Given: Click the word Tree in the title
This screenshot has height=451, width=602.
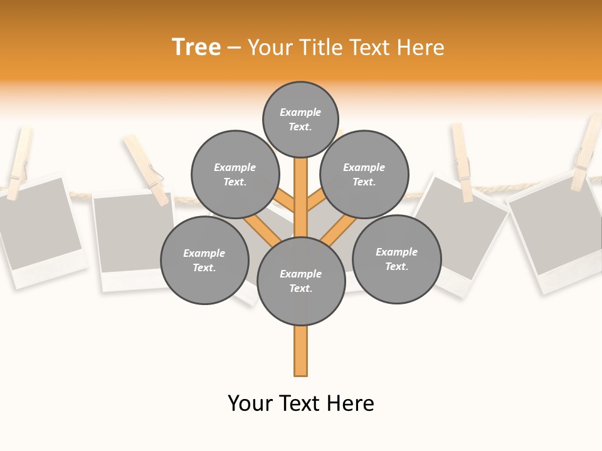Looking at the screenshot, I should pyautogui.click(x=196, y=47).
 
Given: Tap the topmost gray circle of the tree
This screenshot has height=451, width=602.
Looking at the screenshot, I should pyautogui.click(x=300, y=119).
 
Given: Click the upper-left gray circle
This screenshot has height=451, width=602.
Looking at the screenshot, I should pyautogui.click(x=235, y=174).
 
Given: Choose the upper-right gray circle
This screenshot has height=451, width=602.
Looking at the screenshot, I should pyautogui.click(x=364, y=174).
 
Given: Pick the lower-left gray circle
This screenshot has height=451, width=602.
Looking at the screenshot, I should pyautogui.click(x=204, y=260).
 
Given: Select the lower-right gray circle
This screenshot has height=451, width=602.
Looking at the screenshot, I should pyautogui.click(x=396, y=259).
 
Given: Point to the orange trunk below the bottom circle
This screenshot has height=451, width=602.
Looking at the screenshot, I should pyautogui.click(x=300, y=351).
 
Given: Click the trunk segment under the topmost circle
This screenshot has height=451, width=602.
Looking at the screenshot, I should pyautogui.click(x=300, y=188).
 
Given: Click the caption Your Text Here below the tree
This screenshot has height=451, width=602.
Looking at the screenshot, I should pyautogui.click(x=301, y=403).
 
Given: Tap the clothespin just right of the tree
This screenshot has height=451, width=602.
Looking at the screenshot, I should pyautogui.click(x=462, y=162).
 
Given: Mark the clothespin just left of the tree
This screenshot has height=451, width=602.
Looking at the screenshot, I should pyautogui.click(x=146, y=169).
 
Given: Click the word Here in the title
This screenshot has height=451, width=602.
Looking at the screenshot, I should pyautogui.click(x=420, y=48).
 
